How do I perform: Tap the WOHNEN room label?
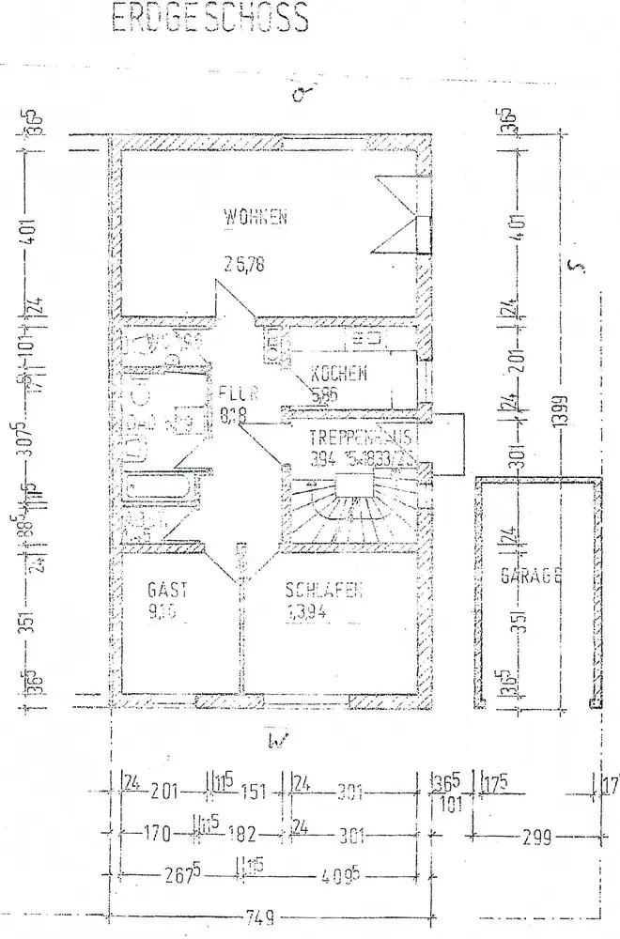(x=255, y=218)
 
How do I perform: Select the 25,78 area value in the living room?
(x=244, y=264)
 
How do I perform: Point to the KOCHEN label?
(x=340, y=374)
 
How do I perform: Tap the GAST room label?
(x=168, y=591)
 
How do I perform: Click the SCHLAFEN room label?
(x=324, y=591)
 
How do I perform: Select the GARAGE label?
(x=530, y=576)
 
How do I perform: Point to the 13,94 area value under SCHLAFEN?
(x=311, y=616)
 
